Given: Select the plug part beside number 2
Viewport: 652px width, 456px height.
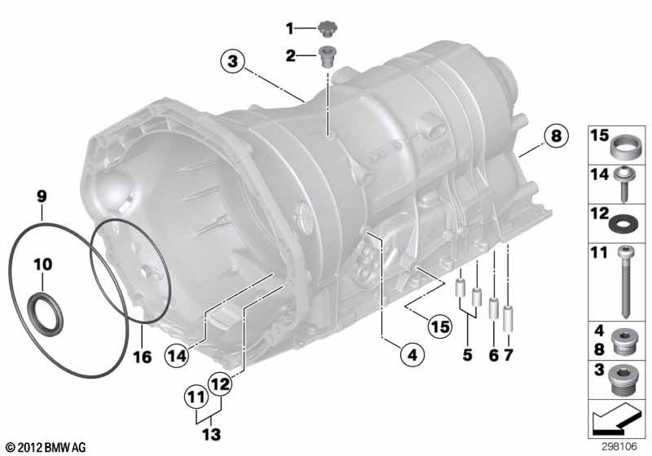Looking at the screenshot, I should pyautogui.click(x=328, y=59).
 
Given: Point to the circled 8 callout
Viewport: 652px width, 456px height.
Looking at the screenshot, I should pyautogui.click(x=554, y=136).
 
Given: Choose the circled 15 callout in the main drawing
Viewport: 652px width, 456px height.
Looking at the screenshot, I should pyautogui.click(x=440, y=327).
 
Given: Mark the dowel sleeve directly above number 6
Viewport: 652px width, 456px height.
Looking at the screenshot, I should pyautogui.click(x=492, y=310).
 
